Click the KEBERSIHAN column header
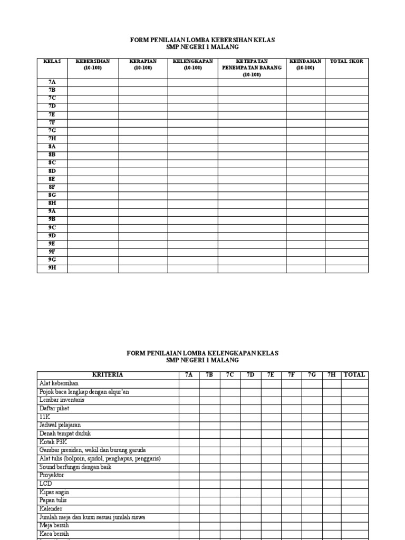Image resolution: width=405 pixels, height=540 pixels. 93,64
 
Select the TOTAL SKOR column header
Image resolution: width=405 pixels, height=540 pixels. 346,62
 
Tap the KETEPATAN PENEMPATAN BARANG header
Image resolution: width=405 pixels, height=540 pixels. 252,68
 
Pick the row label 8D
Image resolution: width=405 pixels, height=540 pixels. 52,171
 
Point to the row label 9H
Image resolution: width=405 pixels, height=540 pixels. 52,268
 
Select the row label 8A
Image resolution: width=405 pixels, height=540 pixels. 52,147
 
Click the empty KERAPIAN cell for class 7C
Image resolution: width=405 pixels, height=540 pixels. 143,99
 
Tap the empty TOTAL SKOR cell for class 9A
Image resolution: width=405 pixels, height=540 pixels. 346,211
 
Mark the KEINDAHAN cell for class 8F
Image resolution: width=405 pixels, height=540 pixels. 305,187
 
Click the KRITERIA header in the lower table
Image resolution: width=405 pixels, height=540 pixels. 108,375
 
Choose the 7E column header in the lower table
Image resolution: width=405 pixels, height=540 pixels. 271,375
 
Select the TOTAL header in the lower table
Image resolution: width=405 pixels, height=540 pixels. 354,375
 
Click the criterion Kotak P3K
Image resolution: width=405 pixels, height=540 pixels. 53,442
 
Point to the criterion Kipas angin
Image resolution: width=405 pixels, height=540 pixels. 54,492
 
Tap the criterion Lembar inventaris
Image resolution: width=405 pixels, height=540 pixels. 62,400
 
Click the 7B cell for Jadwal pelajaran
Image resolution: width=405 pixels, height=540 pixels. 209,425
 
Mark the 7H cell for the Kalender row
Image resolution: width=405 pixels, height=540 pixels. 331,509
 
